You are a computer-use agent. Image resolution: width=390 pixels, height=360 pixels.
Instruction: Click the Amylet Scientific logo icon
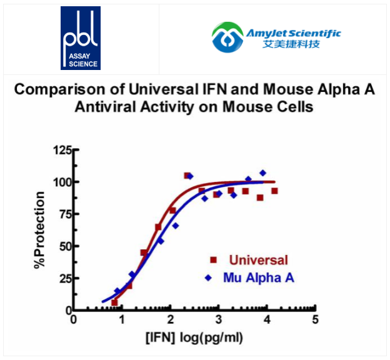[x=227, y=38]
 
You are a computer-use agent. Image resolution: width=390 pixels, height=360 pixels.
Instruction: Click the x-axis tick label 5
[x=315, y=320]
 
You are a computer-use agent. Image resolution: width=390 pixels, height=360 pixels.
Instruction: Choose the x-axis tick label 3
[x=219, y=320]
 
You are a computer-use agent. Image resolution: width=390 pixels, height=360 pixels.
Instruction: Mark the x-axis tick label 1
[x=122, y=320]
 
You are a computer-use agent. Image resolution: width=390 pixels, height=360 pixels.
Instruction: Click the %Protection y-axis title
[x=40, y=231]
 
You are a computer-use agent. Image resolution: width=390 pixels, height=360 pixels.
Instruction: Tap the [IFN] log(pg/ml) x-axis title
[x=194, y=338]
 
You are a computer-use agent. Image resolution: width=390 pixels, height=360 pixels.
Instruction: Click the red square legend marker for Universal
[x=213, y=260]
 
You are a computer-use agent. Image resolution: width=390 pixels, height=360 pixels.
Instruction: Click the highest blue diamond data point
[x=262, y=172]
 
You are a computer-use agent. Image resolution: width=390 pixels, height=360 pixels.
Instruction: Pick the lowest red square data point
[x=114, y=302]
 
